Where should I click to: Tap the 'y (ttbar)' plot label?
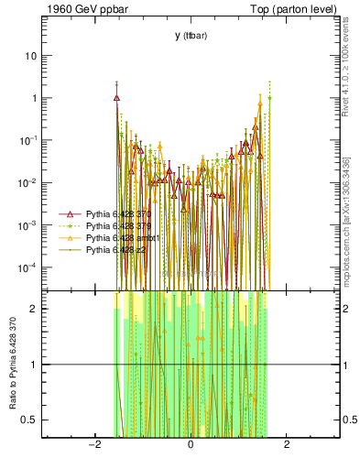[190, 36]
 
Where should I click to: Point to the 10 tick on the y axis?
[32, 56]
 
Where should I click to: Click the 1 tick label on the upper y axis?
[35, 98]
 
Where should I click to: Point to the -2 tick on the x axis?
[93, 445]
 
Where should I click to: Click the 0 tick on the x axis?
[190, 445]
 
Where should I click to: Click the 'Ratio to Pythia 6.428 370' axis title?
[11, 362]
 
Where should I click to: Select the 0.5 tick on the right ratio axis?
[350, 420]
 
